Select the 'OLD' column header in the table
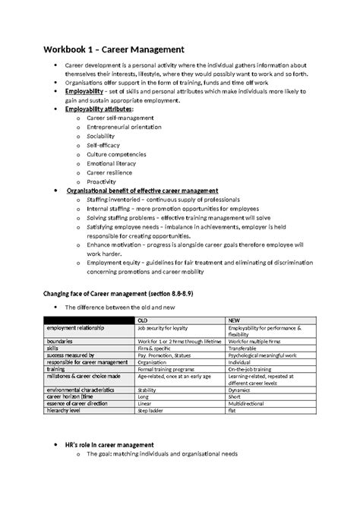142,320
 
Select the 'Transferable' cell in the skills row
245,348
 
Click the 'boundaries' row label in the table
63,341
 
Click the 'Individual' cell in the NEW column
242,361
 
